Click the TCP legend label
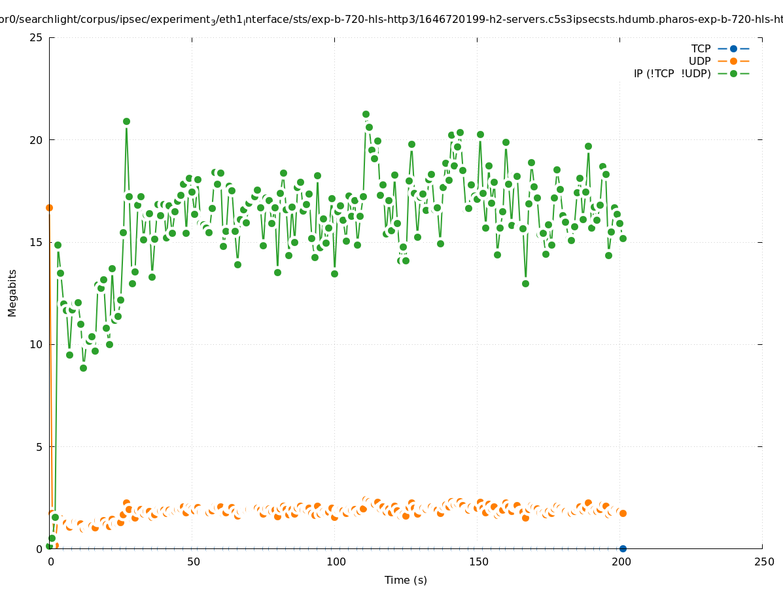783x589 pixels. [x=701, y=48]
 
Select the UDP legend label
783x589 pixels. [x=699, y=61]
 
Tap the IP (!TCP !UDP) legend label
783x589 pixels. [x=672, y=73]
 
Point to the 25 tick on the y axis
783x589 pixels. [x=37, y=37]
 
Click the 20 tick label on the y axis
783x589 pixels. [x=37, y=140]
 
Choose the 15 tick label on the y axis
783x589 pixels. [x=37, y=242]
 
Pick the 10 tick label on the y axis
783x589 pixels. [x=37, y=344]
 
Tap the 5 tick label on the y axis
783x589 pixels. [x=39, y=447]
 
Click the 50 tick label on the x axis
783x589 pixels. [x=192, y=562]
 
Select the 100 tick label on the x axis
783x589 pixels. [x=335, y=562]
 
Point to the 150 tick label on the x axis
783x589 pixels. [x=478, y=562]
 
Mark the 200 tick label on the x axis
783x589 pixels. [x=620, y=562]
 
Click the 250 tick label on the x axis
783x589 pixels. [x=763, y=562]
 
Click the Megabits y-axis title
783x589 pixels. [x=12, y=293]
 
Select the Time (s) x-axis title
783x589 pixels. [x=406, y=580]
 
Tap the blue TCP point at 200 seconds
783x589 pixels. [x=623, y=548]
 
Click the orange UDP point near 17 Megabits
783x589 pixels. [x=49, y=207]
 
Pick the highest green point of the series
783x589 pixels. [x=366, y=114]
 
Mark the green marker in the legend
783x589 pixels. [x=733, y=73]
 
